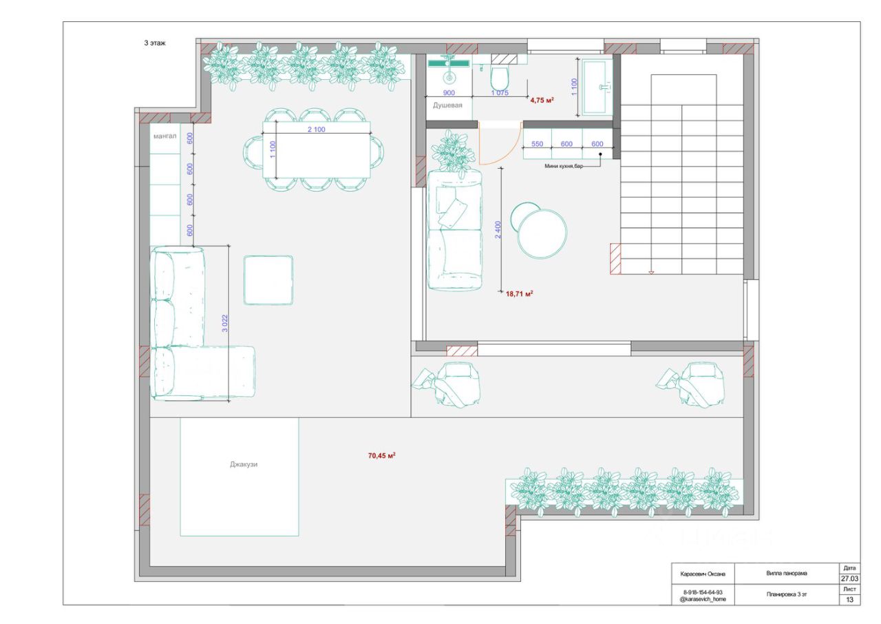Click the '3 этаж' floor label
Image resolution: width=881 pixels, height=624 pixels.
(x=155, y=43)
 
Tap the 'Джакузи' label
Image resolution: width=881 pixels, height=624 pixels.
(x=244, y=464)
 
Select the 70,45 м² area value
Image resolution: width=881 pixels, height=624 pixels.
(x=381, y=456)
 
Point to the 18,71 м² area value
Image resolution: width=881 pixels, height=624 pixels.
(x=519, y=293)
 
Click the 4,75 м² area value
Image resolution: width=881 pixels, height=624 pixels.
(x=542, y=100)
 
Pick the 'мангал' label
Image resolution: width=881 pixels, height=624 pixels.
(x=164, y=136)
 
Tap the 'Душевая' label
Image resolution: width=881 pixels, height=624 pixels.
(x=447, y=105)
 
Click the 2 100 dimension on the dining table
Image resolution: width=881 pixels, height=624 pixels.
(x=316, y=129)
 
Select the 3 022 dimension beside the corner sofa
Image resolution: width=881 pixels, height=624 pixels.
(x=224, y=324)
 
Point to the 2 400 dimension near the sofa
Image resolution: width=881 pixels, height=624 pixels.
(x=498, y=229)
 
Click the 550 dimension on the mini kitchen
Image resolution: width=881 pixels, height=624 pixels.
(x=538, y=144)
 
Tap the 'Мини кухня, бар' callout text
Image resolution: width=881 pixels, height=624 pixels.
(x=564, y=166)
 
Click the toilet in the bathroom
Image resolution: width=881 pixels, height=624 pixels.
(x=500, y=78)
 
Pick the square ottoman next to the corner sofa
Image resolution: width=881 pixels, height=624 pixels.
(x=268, y=280)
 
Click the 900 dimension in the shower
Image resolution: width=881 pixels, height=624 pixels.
(x=449, y=93)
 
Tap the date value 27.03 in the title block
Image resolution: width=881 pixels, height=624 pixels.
(x=849, y=579)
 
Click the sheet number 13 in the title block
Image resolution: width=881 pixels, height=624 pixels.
(x=849, y=600)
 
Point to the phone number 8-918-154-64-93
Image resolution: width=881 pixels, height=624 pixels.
(x=703, y=592)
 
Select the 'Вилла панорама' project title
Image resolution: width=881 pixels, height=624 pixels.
(x=787, y=573)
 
